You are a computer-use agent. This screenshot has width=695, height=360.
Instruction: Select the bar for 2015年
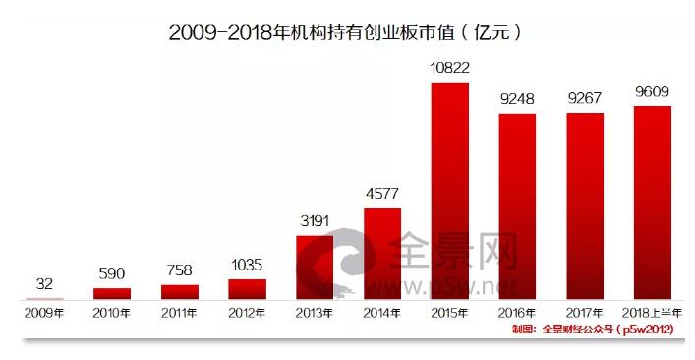tap(450, 191)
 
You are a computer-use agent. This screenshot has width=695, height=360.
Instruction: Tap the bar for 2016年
tap(517, 207)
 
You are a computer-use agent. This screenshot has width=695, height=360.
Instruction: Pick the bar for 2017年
tap(585, 207)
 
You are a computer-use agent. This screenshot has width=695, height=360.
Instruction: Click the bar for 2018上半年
tap(653, 203)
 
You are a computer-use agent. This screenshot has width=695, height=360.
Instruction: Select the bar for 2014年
tap(382, 254)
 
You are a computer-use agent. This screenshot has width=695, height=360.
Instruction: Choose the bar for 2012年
tap(247, 289)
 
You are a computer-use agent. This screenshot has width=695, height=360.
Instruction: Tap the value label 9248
tap(517, 98)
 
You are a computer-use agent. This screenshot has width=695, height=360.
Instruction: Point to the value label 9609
tap(653, 91)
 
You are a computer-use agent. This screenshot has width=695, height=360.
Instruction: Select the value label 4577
tap(382, 192)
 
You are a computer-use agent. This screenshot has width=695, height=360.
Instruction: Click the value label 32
tap(44, 283)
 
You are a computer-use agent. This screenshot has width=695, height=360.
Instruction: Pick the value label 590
tap(112, 273)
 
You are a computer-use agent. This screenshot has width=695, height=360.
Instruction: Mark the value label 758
tap(180, 270)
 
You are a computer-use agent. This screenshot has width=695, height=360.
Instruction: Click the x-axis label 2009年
tap(44, 313)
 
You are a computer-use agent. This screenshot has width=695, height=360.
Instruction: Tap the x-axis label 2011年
tap(180, 313)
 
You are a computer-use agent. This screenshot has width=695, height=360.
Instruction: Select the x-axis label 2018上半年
tap(653, 313)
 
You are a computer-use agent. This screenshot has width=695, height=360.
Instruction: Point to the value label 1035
tap(247, 264)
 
